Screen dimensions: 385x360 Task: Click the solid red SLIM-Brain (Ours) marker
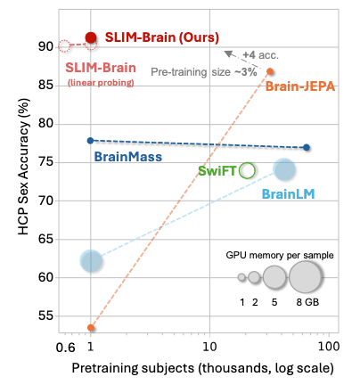click(x=91, y=37)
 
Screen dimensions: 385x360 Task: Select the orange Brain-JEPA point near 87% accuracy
click(x=271, y=71)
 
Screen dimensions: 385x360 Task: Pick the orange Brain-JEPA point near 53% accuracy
click(x=91, y=328)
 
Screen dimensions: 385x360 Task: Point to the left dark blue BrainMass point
click(x=91, y=140)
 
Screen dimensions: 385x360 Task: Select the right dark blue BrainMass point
click(x=307, y=147)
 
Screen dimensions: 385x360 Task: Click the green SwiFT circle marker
click(x=247, y=170)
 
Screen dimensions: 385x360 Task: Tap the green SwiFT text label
click(x=217, y=170)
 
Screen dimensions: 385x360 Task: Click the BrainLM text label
click(x=287, y=192)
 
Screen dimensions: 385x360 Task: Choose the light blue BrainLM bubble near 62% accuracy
click(x=91, y=260)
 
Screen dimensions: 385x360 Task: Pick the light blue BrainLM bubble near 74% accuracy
click(x=284, y=169)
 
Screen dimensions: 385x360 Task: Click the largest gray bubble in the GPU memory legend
click(x=306, y=278)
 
